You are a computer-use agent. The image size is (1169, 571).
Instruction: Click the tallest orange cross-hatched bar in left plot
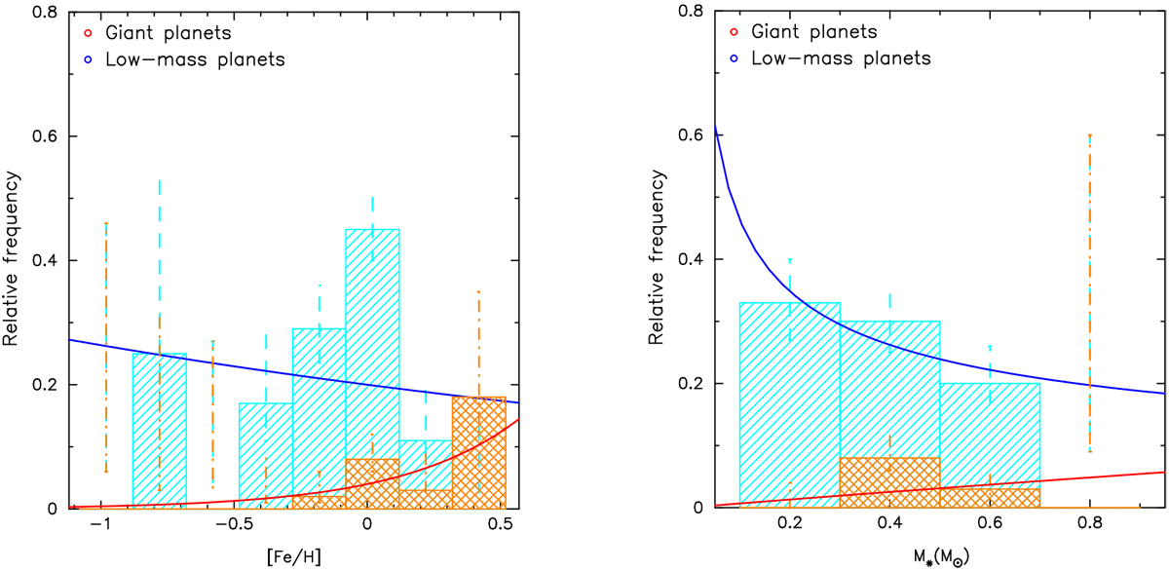478,453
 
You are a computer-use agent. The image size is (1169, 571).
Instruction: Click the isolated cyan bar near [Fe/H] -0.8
159,429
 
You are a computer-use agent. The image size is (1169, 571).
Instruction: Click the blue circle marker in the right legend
731,59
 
